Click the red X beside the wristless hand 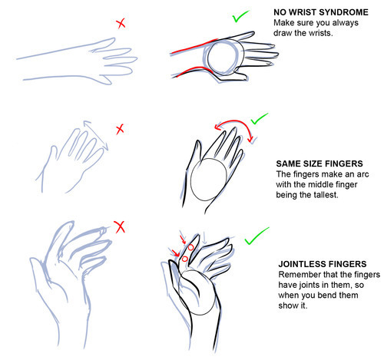[121, 24]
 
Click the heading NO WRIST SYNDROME [321, 12]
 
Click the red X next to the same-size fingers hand [120, 130]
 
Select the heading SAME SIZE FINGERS [319, 163]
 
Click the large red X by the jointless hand [120, 227]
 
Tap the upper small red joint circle [190, 247]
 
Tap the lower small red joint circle [184, 259]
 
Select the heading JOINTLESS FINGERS [323, 264]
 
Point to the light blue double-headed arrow [95, 135]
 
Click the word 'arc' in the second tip [362, 174]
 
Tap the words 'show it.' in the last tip [293, 306]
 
